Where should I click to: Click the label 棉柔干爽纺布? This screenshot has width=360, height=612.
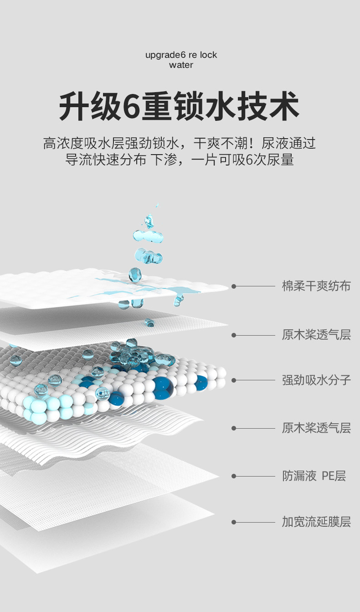(x=316, y=286)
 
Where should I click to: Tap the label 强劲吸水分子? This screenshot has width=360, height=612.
(x=316, y=380)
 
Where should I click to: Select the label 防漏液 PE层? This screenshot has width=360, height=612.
(x=314, y=476)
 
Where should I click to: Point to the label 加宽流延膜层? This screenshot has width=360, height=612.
(x=316, y=522)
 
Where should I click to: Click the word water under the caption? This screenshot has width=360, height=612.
(x=181, y=65)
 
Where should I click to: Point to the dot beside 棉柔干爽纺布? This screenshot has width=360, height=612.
(x=234, y=286)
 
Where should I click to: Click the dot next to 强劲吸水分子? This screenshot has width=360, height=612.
(x=234, y=380)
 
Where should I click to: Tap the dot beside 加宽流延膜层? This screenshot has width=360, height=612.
(x=234, y=522)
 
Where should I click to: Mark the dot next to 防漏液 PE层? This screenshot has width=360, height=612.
(x=234, y=476)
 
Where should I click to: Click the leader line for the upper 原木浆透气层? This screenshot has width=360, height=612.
(x=255, y=335)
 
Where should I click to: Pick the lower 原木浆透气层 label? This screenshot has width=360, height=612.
(x=316, y=428)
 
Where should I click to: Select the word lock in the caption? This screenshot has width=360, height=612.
(x=208, y=55)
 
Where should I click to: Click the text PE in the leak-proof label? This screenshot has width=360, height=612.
(x=328, y=476)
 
